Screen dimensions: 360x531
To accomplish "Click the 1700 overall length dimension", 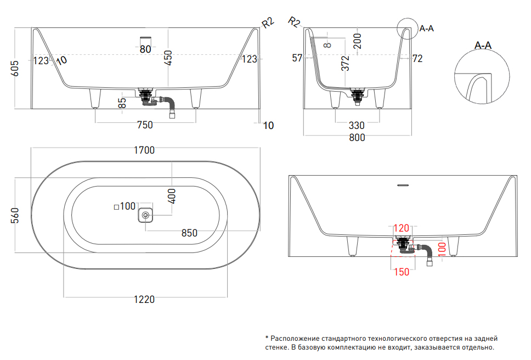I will click(x=144, y=150).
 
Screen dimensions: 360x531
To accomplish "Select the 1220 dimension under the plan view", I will click(x=144, y=299).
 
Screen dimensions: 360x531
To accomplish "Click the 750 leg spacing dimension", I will click(x=144, y=125).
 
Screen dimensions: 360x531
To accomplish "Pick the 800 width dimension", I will click(x=357, y=138).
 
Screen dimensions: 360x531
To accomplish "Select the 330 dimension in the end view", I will click(x=357, y=126).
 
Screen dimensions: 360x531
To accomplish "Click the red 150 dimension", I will click(x=402, y=272).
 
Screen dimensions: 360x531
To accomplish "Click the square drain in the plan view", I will click(x=145, y=215).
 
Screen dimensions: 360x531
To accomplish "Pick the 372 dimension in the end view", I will click(x=345, y=64).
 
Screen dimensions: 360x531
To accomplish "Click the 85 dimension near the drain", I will click(x=122, y=103).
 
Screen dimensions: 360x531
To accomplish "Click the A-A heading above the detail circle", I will click(x=483, y=46).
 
